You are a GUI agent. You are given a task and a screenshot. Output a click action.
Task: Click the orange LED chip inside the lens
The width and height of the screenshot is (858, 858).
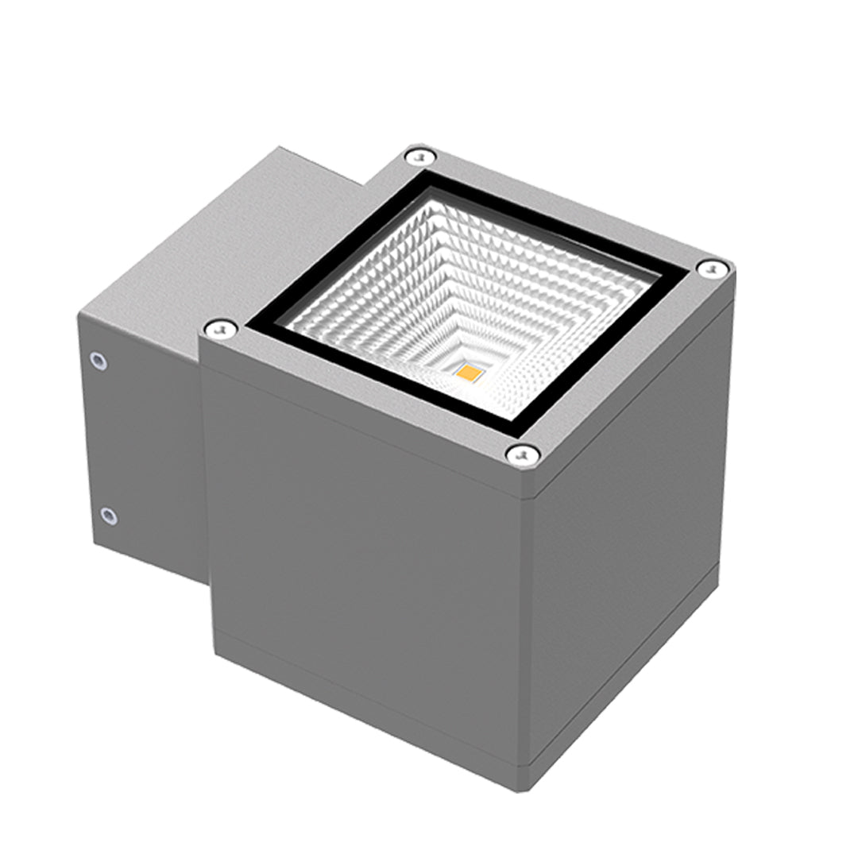[x=469, y=371]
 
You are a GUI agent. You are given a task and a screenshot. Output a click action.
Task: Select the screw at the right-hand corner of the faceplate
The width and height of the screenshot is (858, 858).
[x=711, y=269]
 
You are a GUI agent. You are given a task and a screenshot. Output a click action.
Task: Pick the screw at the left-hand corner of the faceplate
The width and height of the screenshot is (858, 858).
[x=219, y=328]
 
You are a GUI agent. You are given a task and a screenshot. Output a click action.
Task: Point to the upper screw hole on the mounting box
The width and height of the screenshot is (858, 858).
[x=99, y=361]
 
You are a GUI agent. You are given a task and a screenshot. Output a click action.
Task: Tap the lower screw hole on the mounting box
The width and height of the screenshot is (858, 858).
[x=109, y=516]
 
